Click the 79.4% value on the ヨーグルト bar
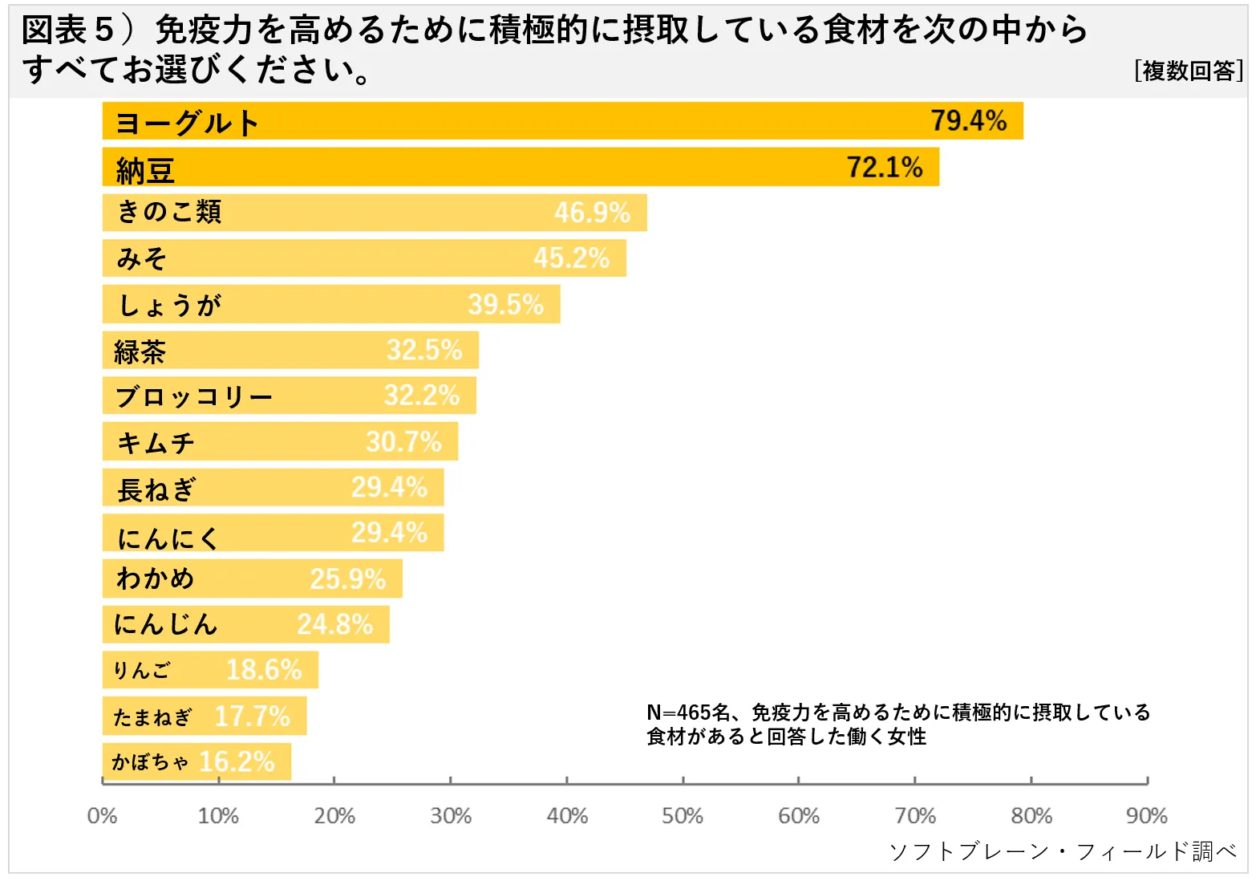968,121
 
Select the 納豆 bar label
145,170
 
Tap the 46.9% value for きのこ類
592,213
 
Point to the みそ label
142,258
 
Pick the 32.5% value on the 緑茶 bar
424,350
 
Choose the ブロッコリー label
194,396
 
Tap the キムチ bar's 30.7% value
403,441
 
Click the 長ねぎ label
156,489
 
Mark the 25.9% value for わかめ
348,579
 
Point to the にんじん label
166,623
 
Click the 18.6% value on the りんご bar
264,669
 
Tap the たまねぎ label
152,716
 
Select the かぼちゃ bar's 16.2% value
237,761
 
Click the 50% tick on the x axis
683,816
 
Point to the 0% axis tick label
102,816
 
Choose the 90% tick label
1147,816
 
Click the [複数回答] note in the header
1189,71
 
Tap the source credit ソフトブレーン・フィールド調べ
1064,851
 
